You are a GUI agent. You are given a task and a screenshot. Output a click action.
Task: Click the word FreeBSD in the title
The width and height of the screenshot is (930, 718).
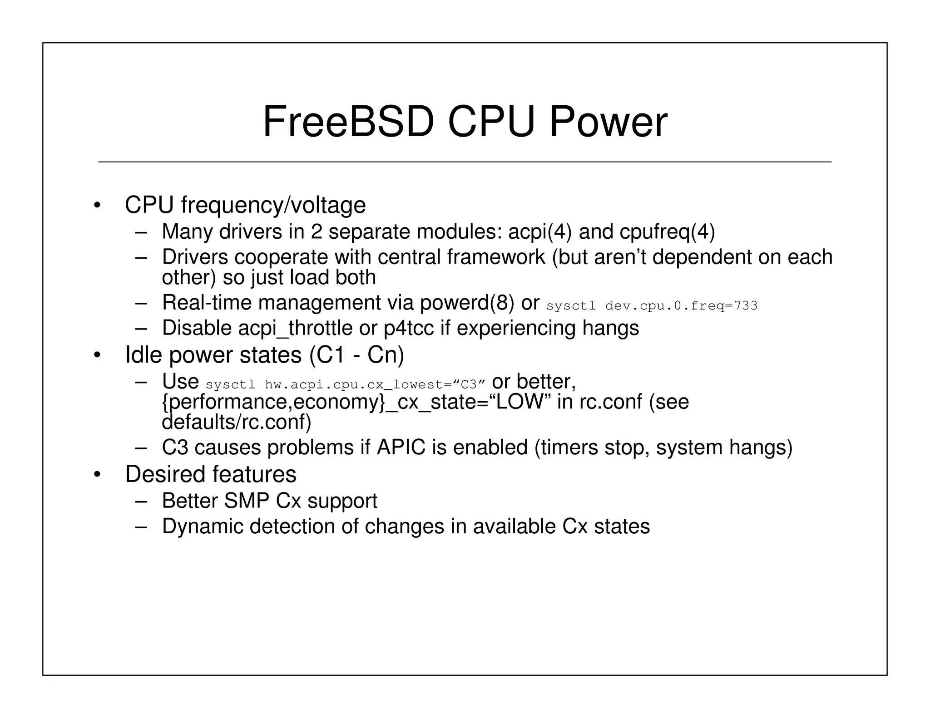(x=348, y=122)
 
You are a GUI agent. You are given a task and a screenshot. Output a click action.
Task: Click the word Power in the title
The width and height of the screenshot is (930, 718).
(x=608, y=122)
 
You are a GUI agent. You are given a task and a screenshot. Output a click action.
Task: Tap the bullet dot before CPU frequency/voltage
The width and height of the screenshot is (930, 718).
(x=96, y=206)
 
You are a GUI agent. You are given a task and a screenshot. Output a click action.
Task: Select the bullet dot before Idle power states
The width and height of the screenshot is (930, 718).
(x=96, y=355)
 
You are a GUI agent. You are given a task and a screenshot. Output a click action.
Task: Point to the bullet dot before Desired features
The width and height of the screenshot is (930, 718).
(x=96, y=475)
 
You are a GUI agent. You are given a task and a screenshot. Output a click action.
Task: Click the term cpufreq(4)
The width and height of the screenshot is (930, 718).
(x=667, y=232)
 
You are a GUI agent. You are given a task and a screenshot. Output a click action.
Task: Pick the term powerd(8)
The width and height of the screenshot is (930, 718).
(x=467, y=303)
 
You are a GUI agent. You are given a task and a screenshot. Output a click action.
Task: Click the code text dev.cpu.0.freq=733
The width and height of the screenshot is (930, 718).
(x=681, y=306)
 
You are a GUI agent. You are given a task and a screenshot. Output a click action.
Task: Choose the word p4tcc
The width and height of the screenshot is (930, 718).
(x=409, y=328)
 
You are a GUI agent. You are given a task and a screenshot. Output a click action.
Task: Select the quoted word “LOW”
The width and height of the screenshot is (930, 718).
(x=519, y=402)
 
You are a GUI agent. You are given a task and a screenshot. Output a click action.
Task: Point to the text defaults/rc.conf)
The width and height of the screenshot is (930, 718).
(x=237, y=423)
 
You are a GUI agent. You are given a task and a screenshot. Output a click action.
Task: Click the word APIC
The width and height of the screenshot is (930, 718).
(x=401, y=448)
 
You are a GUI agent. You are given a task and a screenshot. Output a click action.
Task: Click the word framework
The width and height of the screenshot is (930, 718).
(x=495, y=257)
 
